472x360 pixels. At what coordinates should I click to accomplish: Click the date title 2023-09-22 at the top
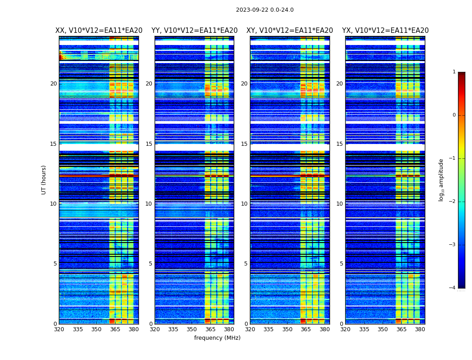pos(265,10)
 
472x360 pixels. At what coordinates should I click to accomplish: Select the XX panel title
pos(99,31)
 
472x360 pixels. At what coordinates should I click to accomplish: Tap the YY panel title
pos(194,31)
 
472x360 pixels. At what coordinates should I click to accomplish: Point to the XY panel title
pos(289,31)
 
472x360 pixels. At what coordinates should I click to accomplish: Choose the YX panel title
pos(385,31)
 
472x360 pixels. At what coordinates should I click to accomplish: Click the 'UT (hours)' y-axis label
pos(44,180)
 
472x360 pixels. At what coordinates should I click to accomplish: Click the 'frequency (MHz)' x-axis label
pos(217,338)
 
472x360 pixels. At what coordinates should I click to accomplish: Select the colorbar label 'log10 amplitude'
pos(441,180)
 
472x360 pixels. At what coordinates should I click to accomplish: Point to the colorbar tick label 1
pos(454,72)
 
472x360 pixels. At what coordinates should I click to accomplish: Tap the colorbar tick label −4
pos(453,288)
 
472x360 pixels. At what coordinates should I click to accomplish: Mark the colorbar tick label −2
pos(453,202)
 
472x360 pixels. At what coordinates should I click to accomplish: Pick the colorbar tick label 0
pos(454,115)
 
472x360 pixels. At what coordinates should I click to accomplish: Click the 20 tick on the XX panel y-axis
pos(53,84)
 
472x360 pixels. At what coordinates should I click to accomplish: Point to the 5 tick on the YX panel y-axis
pos(341,264)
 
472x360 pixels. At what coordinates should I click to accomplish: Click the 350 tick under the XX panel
pos(96,329)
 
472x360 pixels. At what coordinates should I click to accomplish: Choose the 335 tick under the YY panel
pos(173,329)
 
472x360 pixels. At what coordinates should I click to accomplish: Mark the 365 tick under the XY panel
pos(306,329)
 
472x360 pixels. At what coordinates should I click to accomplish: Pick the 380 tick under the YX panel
pos(420,329)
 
